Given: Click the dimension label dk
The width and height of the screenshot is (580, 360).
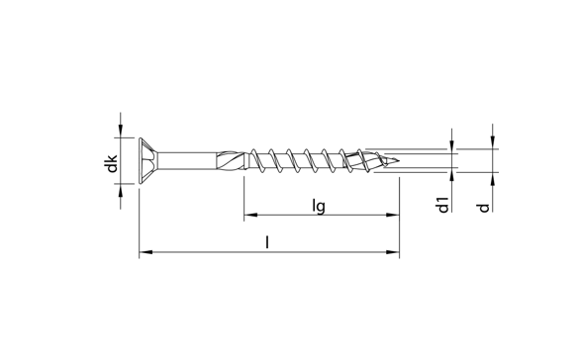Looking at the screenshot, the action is coord(111,163).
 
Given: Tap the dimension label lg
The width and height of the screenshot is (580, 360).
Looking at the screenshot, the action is coord(319,206).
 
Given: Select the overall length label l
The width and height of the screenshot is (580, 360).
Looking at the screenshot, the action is coord(267,242).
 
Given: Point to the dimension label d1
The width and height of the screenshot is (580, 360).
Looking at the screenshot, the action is coord(442,205).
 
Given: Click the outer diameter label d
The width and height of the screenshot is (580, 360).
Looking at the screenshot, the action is coord(483,208).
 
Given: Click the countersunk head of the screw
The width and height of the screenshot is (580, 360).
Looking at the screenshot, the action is coord(148,161).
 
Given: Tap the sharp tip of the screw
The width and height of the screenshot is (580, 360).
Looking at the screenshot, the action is coord(398,161).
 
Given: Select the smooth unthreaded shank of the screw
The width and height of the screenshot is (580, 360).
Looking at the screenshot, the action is coord(187,161).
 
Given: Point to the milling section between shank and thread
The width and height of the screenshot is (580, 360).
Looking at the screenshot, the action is coord(231,161).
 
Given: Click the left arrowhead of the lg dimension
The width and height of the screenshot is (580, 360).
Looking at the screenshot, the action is coord(250,215).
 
